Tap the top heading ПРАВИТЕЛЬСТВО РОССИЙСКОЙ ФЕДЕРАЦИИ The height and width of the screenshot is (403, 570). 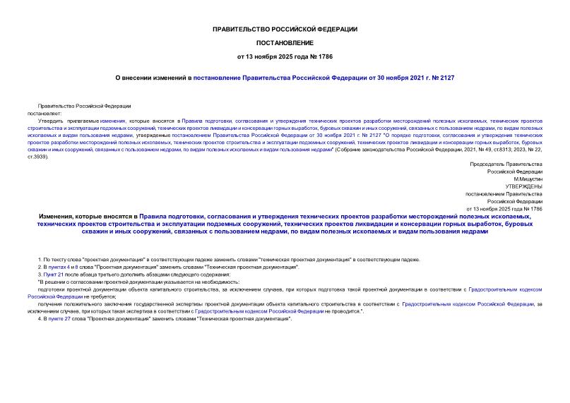click(x=285, y=29)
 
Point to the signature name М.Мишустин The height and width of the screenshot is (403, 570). click(x=527, y=179)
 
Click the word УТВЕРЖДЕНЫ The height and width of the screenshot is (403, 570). click(x=524, y=186)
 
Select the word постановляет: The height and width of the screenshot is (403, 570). click(x=45, y=113)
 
